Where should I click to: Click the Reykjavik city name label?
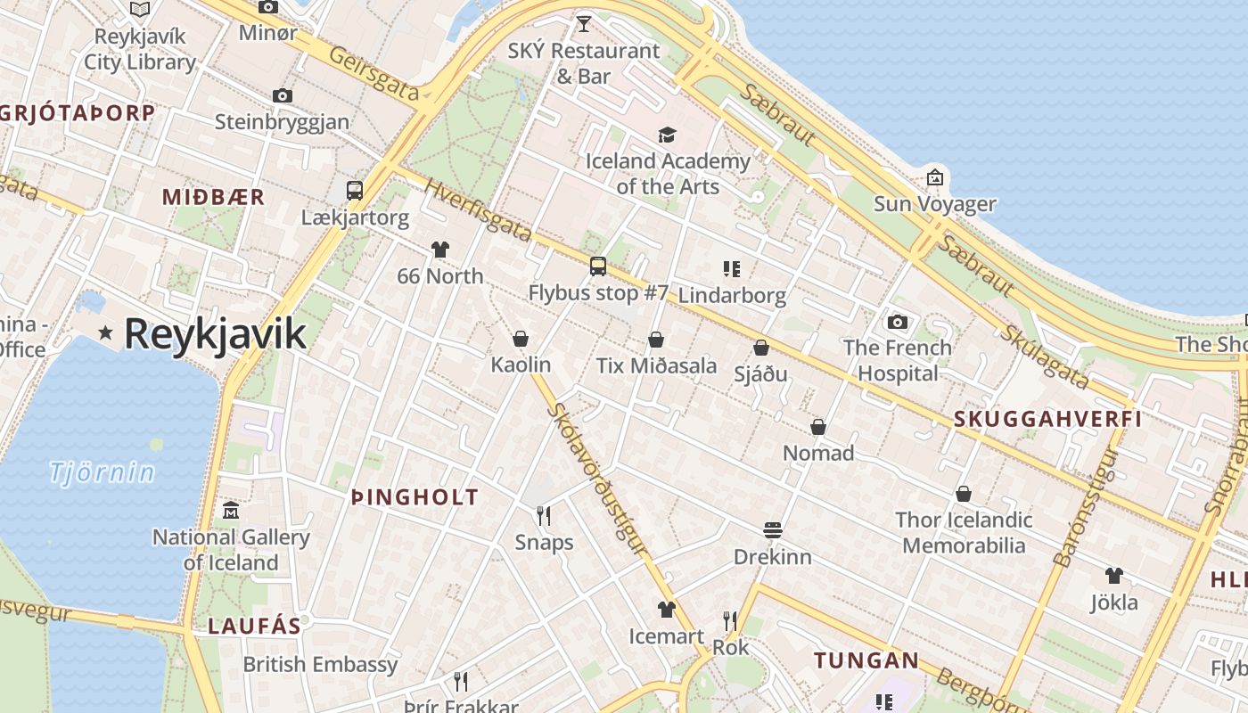click(x=215, y=333)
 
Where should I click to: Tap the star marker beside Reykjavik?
click(x=106, y=332)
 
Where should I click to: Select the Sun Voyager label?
click(x=934, y=204)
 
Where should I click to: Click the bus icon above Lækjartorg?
click(x=355, y=190)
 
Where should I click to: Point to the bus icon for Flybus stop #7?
click(x=598, y=266)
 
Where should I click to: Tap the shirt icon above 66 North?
click(x=440, y=250)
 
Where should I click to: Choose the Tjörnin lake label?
click(x=103, y=471)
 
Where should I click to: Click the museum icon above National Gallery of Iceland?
click(x=231, y=510)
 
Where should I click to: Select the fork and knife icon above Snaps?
click(x=544, y=515)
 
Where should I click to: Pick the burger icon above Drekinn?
click(x=773, y=530)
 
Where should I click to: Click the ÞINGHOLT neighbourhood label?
click(x=415, y=497)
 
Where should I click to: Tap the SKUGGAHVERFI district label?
click(x=1047, y=419)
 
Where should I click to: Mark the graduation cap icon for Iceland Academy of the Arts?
click(x=667, y=135)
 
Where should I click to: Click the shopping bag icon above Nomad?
click(x=818, y=427)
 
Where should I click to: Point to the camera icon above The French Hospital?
click(x=898, y=322)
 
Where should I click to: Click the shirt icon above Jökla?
click(x=1114, y=576)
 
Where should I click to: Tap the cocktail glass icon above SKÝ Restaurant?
click(x=584, y=23)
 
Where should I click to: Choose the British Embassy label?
click(x=320, y=664)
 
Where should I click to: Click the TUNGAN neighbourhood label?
click(x=866, y=660)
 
